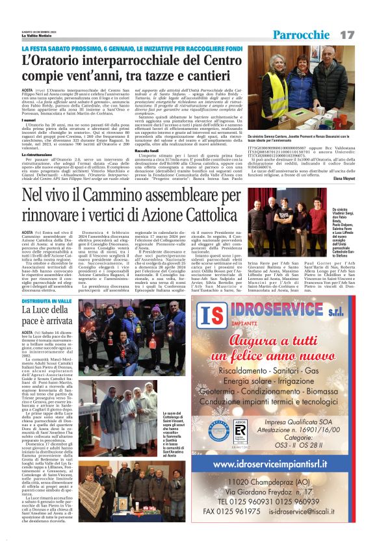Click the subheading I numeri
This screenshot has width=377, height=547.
pos(30,120)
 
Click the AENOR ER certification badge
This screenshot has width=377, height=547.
pos(240,449)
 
